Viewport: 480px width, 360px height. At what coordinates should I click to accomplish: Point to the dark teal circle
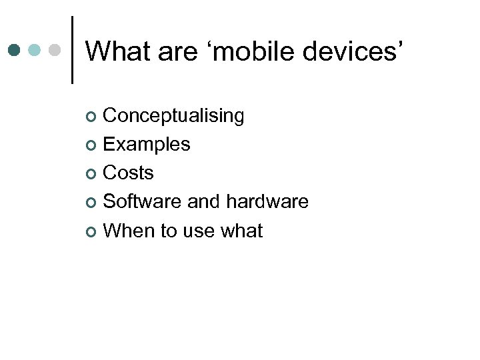(x=15, y=50)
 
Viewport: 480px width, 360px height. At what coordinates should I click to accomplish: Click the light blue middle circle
(x=35, y=50)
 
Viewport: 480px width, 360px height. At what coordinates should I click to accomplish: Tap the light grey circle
(x=55, y=50)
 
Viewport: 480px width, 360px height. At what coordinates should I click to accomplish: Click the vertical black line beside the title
(x=71, y=50)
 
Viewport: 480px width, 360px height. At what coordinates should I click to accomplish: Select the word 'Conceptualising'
(x=174, y=116)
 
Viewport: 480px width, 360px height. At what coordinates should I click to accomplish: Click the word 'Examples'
(x=147, y=144)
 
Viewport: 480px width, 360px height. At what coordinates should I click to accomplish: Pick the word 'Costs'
(x=129, y=173)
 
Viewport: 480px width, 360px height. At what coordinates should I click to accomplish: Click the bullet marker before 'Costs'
(x=92, y=174)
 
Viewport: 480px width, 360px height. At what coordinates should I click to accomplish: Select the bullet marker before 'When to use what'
(x=92, y=232)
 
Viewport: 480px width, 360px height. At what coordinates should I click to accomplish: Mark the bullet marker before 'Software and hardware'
(x=92, y=203)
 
